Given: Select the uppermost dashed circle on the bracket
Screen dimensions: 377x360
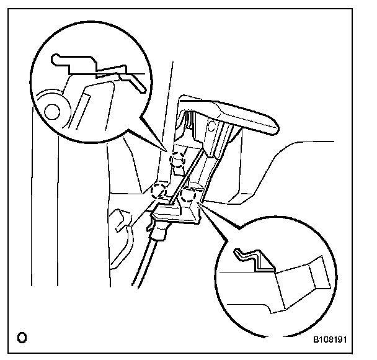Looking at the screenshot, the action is (177, 160).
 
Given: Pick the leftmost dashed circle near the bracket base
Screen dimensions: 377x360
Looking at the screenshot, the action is (159, 190).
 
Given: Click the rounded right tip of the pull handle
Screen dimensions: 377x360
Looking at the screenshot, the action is (273, 127).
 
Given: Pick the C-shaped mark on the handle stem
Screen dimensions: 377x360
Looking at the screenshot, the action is (215, 129).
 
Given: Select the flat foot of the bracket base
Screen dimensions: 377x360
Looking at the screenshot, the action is (177, 214).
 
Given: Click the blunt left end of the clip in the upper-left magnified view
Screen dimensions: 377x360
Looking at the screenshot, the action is (55, 60).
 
